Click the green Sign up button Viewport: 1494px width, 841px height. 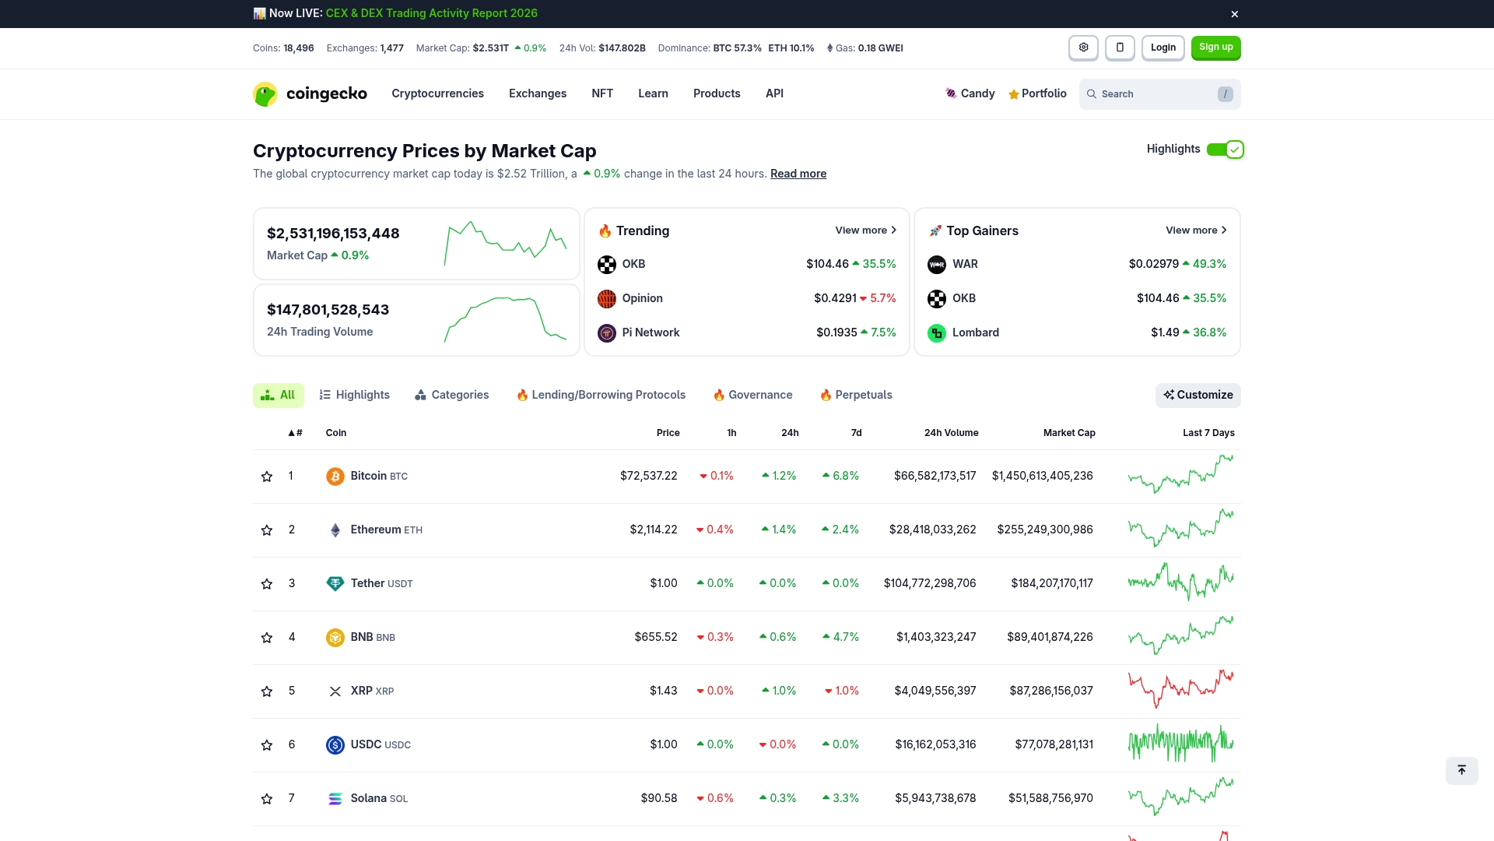(1215, 48)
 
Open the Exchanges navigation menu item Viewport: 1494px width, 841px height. (537, 93)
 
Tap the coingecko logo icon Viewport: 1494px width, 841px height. (265, 94)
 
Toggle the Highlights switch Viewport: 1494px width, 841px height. (1225, 150)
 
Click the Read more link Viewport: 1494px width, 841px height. (798, 174)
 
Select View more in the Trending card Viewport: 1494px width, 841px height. (865, 230)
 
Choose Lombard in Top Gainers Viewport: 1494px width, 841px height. (975, 333)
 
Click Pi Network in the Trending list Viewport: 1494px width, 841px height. (651, 333)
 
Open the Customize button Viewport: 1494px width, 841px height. (1198, 396)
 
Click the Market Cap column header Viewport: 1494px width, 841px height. (1068, 433)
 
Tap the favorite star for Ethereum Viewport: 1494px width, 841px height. (267, 530)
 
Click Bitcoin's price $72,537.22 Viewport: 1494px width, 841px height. (648, 476)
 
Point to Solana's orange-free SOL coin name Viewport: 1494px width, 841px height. (368, 798)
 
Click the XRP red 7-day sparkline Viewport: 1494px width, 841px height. (1180, 689)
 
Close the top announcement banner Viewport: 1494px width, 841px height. (1234, 14)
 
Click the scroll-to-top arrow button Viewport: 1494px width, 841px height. (1461, 771)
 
